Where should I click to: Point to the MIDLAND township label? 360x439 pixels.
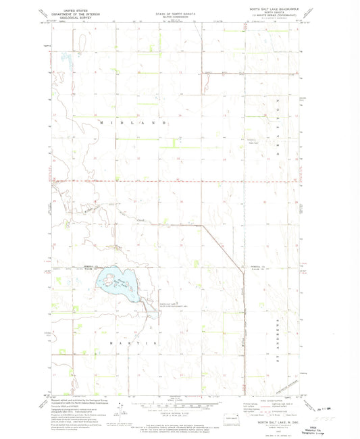(x=134, y=124)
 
